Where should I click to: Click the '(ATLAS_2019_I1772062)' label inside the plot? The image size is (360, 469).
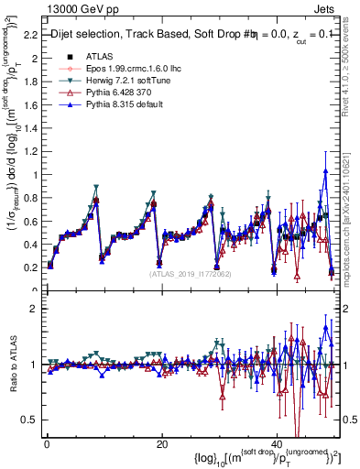[x=190, y=273]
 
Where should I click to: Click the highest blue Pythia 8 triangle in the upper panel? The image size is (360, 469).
[x=325, y=171]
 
